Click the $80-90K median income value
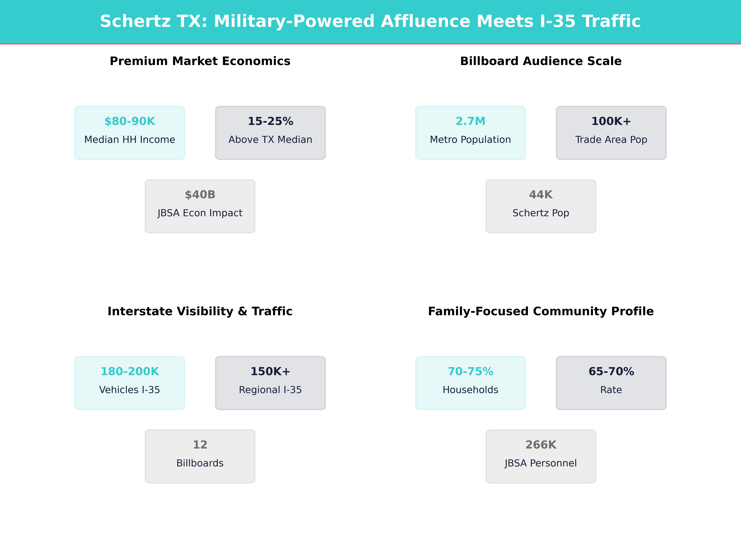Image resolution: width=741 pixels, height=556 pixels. [x=130, y=121]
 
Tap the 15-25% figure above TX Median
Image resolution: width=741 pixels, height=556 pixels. [x=270, y=121]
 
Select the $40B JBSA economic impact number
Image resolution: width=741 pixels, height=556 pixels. [x=200, y=195]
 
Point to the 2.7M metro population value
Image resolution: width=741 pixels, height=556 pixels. [x=470, y=121]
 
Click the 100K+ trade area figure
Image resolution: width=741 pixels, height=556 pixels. [x=611, y=121]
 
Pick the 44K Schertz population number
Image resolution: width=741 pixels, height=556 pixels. [x=541, y=195]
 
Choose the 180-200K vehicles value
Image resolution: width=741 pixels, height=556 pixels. [x=130, y=371]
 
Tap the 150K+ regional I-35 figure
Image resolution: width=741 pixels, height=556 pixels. [x=270, y=371]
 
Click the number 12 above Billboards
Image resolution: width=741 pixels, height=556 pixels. [x=200, y=445]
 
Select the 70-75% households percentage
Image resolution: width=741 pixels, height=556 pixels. [x=470, y=371]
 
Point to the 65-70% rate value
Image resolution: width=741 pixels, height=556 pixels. [x=611, y=371]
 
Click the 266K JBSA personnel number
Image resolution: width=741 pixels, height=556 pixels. [x=541, y=445]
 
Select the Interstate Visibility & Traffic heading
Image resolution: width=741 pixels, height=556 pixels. [x=200, y=311]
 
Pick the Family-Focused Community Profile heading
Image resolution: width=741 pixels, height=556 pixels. [x=541, y=311]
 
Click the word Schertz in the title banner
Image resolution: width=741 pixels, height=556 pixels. [x=135, y=21]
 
